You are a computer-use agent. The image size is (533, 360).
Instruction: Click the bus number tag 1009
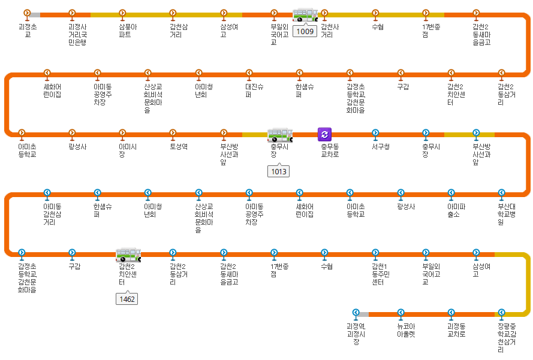point(305,31)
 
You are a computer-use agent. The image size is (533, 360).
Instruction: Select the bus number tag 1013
point(279,171)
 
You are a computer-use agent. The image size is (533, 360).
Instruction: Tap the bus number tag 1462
point(127,298)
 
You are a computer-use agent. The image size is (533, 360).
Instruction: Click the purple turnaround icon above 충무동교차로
point(324,134)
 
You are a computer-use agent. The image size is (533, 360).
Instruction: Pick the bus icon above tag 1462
point(128,255)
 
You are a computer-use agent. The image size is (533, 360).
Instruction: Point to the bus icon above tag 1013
point(279,135)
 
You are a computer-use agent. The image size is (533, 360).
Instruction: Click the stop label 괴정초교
point(28,31)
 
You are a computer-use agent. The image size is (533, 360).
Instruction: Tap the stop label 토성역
point(179,147)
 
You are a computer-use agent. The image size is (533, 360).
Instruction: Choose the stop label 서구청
point(381,147)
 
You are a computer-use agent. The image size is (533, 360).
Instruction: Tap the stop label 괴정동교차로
point(456,330)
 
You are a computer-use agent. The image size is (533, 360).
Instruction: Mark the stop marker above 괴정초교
point(27,13)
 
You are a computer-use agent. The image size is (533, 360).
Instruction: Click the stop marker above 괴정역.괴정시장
point(356,313)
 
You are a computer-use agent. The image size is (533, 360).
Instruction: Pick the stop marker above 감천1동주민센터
point(375,253)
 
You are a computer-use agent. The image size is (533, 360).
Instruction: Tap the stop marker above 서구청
point(375,133)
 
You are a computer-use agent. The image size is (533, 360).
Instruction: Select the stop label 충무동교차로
point(330,150)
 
